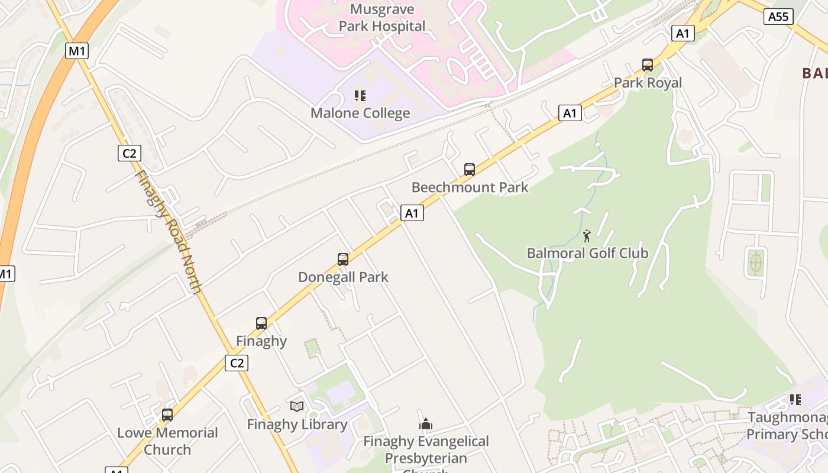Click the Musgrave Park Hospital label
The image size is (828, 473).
(388, 18)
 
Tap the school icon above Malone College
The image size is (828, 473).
(360, 95)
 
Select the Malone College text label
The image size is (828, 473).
(360, 113)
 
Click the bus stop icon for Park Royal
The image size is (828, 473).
(648, 65)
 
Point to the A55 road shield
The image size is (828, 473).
(778, 17)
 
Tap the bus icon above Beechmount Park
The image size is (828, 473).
(470, 170)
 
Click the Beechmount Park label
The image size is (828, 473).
(470, 187)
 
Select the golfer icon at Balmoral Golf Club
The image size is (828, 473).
(587, 237)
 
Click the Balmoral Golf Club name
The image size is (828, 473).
(587, 253)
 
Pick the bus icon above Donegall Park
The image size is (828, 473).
(343, 259)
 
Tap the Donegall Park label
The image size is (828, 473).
(343, 277)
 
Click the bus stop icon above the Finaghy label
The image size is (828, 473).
(261, 323)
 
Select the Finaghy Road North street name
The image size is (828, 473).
(168, 232)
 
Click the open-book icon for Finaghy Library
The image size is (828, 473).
(297, 406)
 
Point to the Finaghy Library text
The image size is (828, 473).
(297, 425)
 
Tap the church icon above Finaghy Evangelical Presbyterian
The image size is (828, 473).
(426, 423)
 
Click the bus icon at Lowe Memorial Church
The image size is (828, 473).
(167, 415)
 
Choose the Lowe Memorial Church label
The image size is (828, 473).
(167, 440)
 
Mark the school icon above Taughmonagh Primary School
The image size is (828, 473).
(795, 400)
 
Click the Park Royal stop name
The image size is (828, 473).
(648, 83)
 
